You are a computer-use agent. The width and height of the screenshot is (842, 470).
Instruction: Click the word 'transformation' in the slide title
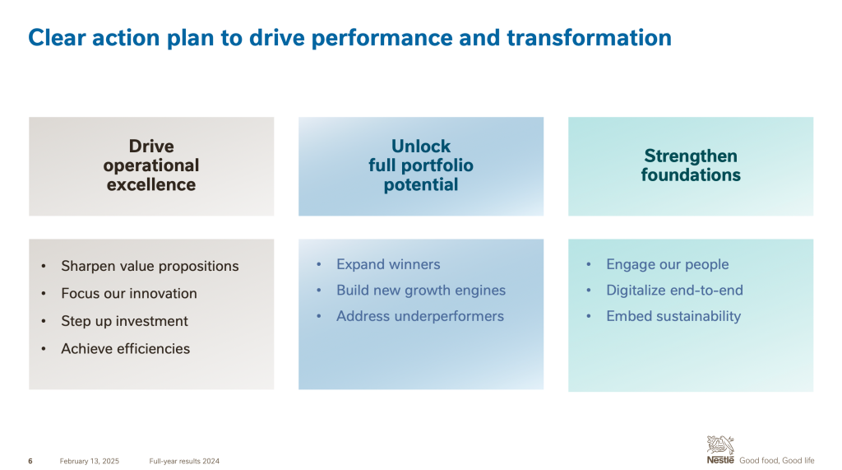[x=589, y=38]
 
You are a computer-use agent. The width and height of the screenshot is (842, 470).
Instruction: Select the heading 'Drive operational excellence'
[x=151, y=165]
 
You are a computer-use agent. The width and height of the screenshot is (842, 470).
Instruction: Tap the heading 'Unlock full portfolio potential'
[x=421, y=165]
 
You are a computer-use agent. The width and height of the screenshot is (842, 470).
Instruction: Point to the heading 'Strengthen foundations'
[x=691, y=165]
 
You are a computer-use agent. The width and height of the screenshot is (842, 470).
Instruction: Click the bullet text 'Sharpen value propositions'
[x=150, y=266]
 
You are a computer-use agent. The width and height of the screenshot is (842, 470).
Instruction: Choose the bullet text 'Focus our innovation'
[x=129, y=294]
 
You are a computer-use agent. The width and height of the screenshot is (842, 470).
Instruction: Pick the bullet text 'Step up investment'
[x=125, y=321]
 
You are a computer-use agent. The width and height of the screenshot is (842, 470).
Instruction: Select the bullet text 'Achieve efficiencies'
[x=126, y=348]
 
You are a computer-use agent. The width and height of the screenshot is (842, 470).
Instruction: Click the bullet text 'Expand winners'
[x=388, y=264]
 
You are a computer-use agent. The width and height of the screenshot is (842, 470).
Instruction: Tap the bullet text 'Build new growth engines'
[x=421, y=291]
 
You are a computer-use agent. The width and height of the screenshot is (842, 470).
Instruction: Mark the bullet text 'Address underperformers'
[x=420, y=316]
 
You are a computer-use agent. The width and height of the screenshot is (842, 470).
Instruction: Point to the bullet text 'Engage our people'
[x=668, y=264]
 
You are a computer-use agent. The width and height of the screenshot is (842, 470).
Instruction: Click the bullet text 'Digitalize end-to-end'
[x=674, y=291]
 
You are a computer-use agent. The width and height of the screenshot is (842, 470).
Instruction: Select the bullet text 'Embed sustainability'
[x=673, y=316]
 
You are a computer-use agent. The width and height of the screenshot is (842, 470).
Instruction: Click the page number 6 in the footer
[x=30, y=461]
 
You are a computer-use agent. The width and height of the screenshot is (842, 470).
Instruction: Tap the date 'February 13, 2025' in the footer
[x=89, y=461]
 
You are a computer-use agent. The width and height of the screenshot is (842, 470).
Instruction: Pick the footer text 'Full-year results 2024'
[x=184, y=461]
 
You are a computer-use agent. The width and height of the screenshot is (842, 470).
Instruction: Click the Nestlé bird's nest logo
[x=720, y=449]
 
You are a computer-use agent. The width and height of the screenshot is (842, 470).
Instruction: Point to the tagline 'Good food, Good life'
[x=776, y=460]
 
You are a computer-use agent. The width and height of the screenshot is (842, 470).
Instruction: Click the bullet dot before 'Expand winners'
[x=319, y=264]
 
